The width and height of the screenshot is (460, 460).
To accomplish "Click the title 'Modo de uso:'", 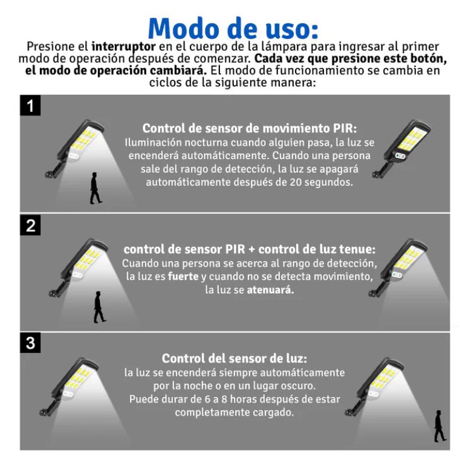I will click(233, 27).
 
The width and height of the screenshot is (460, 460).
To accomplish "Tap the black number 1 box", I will click(30, 106).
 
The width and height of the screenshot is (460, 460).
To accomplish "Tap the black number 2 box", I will click(30, 225).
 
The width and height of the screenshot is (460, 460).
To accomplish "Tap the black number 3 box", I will click(30, 343).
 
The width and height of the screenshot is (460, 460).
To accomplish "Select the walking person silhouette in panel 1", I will click(95, 188).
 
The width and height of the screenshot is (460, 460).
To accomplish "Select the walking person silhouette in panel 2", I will click(99, 306).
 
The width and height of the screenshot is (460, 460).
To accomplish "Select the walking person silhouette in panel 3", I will click(439, 426).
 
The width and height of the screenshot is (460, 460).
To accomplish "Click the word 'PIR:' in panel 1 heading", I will click(345, 129).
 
